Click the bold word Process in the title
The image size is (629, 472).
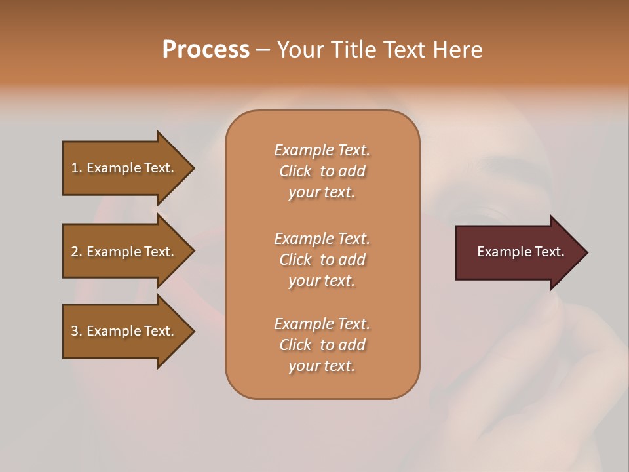206,50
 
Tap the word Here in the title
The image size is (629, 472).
457,50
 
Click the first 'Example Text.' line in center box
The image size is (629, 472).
322,150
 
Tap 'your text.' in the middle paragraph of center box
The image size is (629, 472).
322,281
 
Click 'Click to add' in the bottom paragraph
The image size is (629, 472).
322,345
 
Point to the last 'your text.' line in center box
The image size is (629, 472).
322,366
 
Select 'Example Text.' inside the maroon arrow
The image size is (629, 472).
520,252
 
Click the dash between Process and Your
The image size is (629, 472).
263,50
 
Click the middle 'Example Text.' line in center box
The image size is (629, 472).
322,239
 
